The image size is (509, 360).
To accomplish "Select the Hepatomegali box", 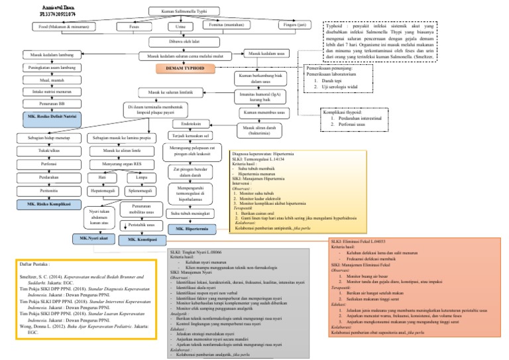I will point(102,190).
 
